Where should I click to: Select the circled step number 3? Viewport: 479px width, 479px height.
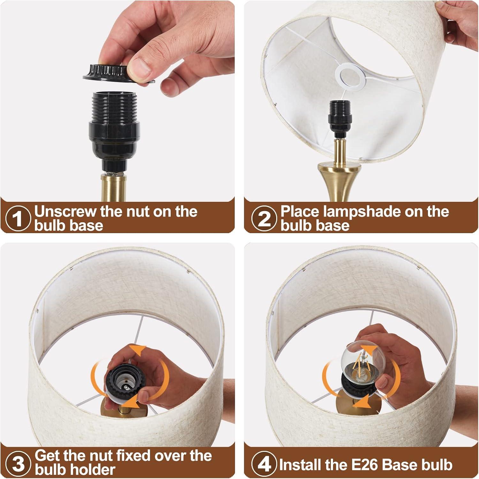(18, 463)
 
